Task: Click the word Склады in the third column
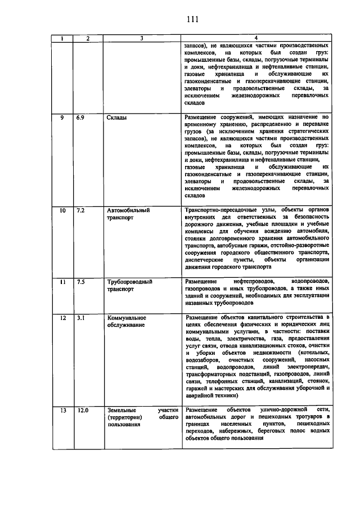116,118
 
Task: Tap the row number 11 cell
63,281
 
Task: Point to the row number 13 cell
63,410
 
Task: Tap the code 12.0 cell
83,410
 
